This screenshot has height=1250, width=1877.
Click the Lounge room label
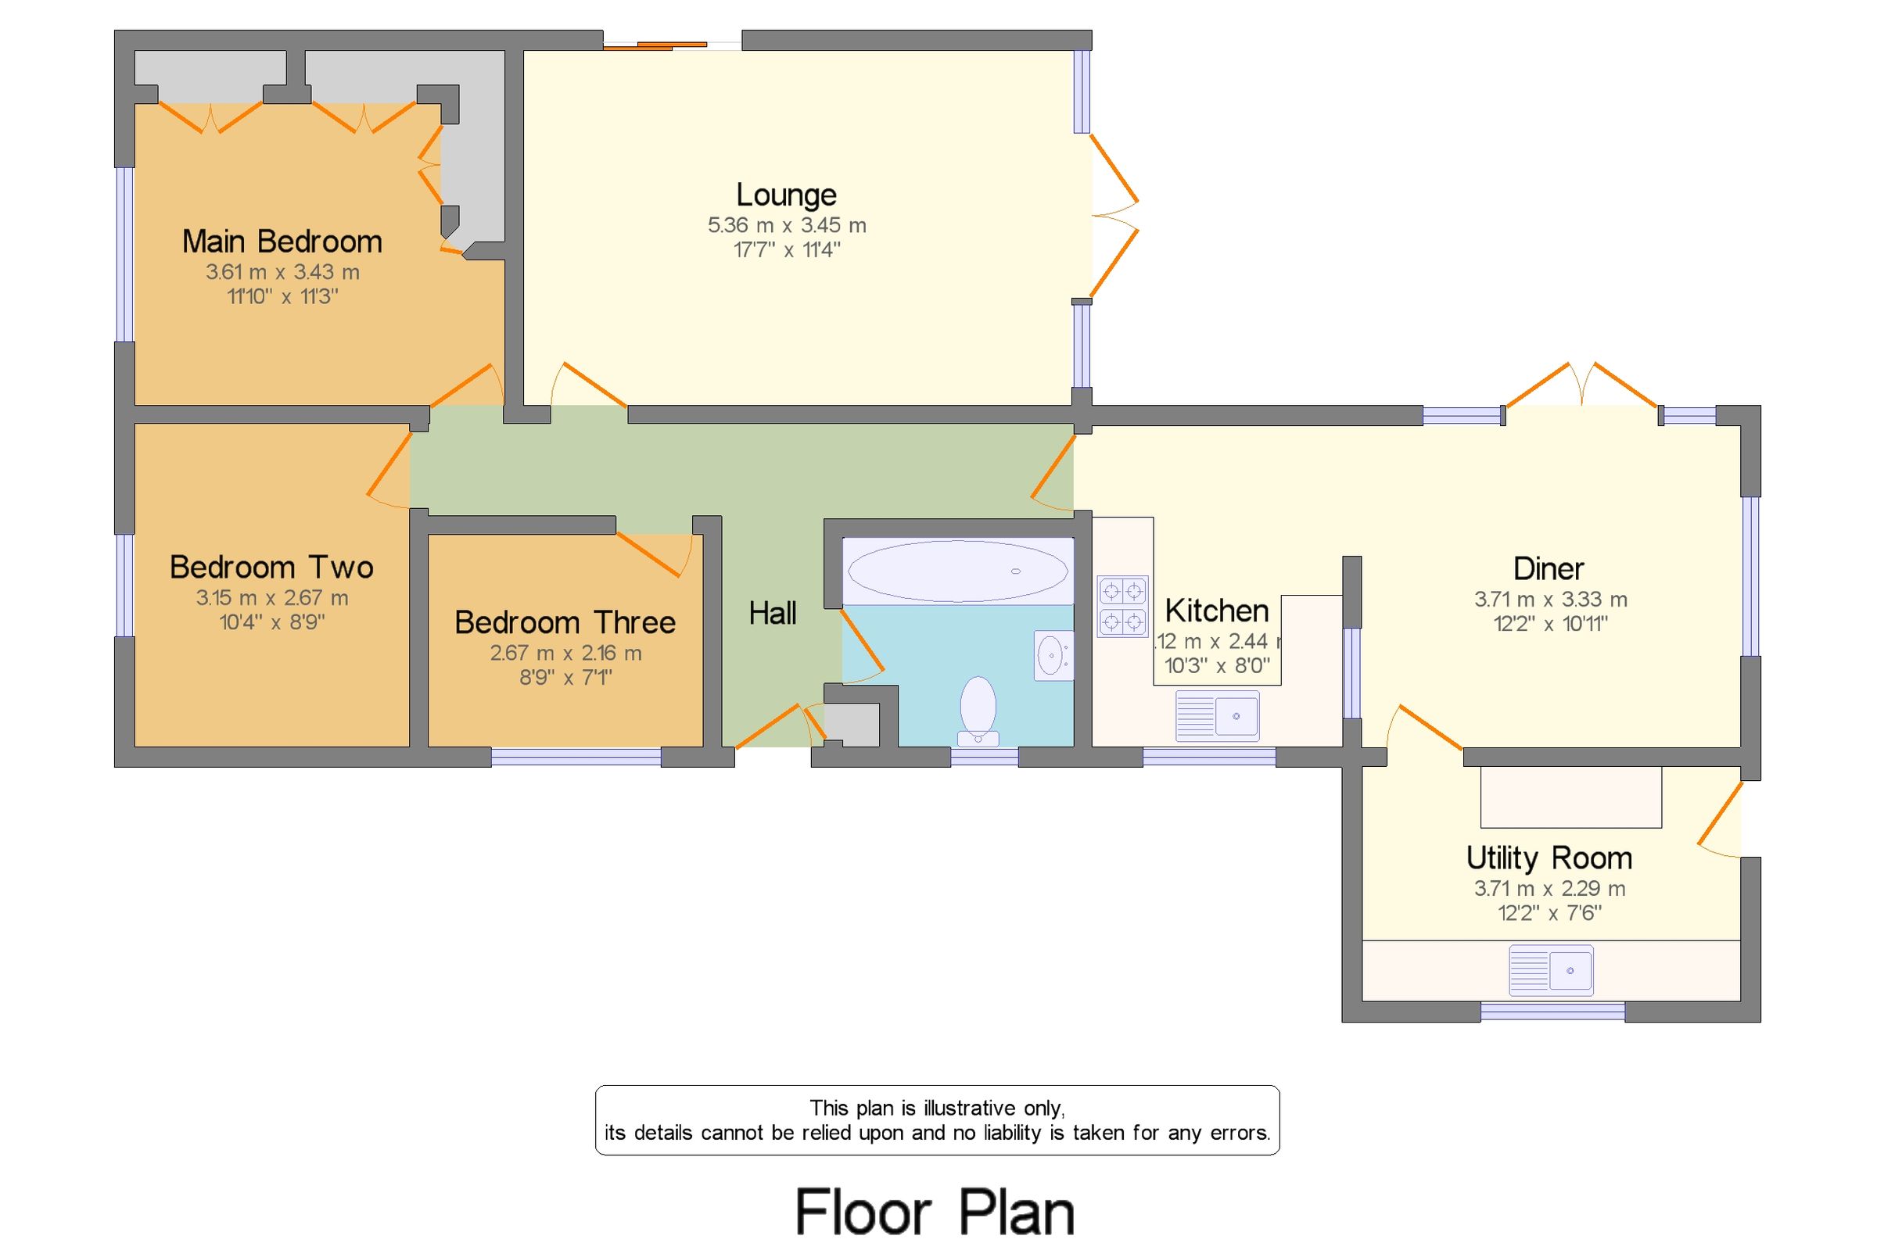pyautogui.click(x=785, y=195)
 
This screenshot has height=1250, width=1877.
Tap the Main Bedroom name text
pyautogui.click(x=282, y=242)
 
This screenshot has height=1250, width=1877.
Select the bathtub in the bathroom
pyautogui.click(x=956, y=571)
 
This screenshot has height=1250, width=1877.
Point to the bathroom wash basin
pyautogui.click(x=1053, y=656)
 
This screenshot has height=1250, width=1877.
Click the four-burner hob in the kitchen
pyautogui.click(x=1122, y=606)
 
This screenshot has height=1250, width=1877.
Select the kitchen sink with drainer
pyautogui.click(x=1217, y=715)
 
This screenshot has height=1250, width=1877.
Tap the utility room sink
pyautogui.click(x=1550, y=970)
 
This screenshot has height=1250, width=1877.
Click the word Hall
pyautogui.click(x=772, y=614)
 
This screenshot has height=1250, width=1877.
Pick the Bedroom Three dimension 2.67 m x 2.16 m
pyautogui.click(x=565, y=653)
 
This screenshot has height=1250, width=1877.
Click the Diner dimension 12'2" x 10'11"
pyautogui.click(x=1549, y=623)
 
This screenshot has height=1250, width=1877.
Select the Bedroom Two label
pyautogui.click(x=271, y=568)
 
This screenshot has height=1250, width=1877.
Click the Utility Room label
pyautogui.click(x=1549, y=858)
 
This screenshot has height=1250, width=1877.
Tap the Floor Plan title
pyautogui.click(x=935, y=1212)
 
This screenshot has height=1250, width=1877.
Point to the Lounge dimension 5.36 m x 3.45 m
pyautogui.click(x=786, y=226)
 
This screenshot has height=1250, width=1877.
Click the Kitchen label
pyautogui.click(x=1216, y=611)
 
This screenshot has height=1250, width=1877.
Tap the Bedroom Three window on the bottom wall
pyautogui.click(x=576, y=758)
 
